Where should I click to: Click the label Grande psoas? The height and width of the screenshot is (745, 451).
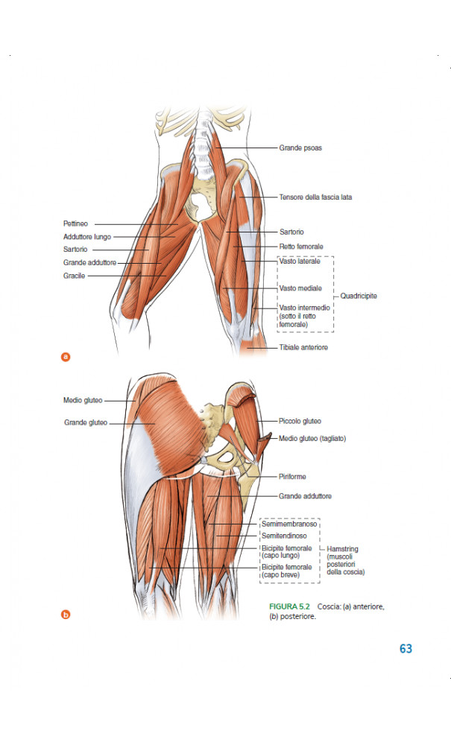click(300, 148)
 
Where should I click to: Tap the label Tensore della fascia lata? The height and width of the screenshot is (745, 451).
click(315, 197)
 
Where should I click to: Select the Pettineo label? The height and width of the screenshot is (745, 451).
click(75, 223)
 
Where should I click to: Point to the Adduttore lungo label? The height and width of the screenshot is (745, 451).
click(87, 237)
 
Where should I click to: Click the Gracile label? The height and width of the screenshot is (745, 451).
click(74, 276)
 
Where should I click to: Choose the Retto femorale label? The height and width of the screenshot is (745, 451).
click(301, 246)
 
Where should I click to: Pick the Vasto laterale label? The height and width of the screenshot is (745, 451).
click(300, 261)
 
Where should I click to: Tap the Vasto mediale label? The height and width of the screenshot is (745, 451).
click(300, 288)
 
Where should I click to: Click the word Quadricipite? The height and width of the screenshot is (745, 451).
click(359, 296)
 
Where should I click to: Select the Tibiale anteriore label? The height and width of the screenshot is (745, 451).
click(303, 347)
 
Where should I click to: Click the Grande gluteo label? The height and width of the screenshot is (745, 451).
click(86, 422)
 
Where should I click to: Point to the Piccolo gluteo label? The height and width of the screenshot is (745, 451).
click(300, 421)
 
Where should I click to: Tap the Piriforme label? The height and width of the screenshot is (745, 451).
click(292, 476)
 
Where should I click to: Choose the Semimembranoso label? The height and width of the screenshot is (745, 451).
click(289, 524)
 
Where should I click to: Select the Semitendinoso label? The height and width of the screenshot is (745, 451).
click(284, 536)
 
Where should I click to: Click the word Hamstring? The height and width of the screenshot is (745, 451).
click(342, 549)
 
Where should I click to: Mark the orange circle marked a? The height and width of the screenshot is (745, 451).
click(66, 357)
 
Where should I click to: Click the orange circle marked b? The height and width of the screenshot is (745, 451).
click(66, 615)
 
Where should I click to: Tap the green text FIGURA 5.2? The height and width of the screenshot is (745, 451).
click(289, 606)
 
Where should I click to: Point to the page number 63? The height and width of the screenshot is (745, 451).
click(406, 649)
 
